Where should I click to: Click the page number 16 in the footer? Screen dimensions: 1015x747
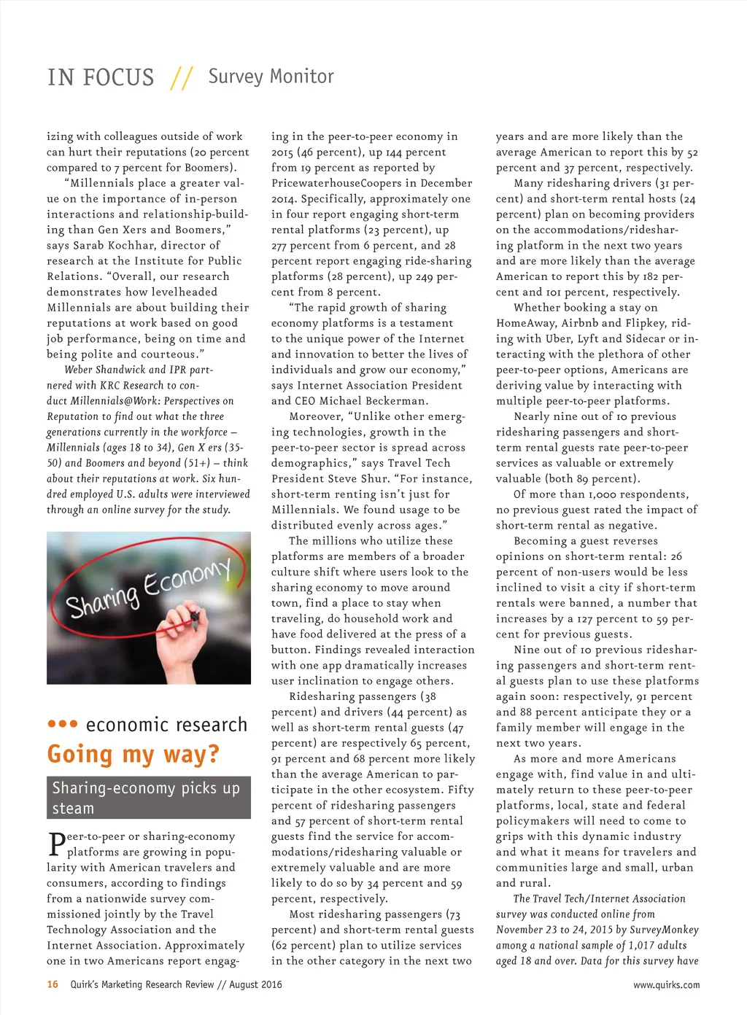pyautogui.click(x=53, y=984)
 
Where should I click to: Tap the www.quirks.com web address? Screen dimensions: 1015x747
pyautogui.click(x=666, y=984)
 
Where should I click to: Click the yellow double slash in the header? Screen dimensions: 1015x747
pyautogui.click(x=181, y=77)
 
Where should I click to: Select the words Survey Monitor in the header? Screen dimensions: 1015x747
pyautogui.click(x=271, y=76)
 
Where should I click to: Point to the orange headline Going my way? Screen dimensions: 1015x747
pyautogui.click(x=133, y=754)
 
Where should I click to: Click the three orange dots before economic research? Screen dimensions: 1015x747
pyautogui.click(x=62, y=724)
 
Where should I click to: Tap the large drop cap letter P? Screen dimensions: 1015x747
pyautogui.click(x=56, y=844)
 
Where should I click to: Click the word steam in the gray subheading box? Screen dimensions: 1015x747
pyautogui.click(x=73, y=808)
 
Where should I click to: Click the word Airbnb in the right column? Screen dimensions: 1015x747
pyautogui.click(x=580, y=323)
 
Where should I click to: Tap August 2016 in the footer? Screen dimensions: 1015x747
pyautogui.click(x=255, y=984)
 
